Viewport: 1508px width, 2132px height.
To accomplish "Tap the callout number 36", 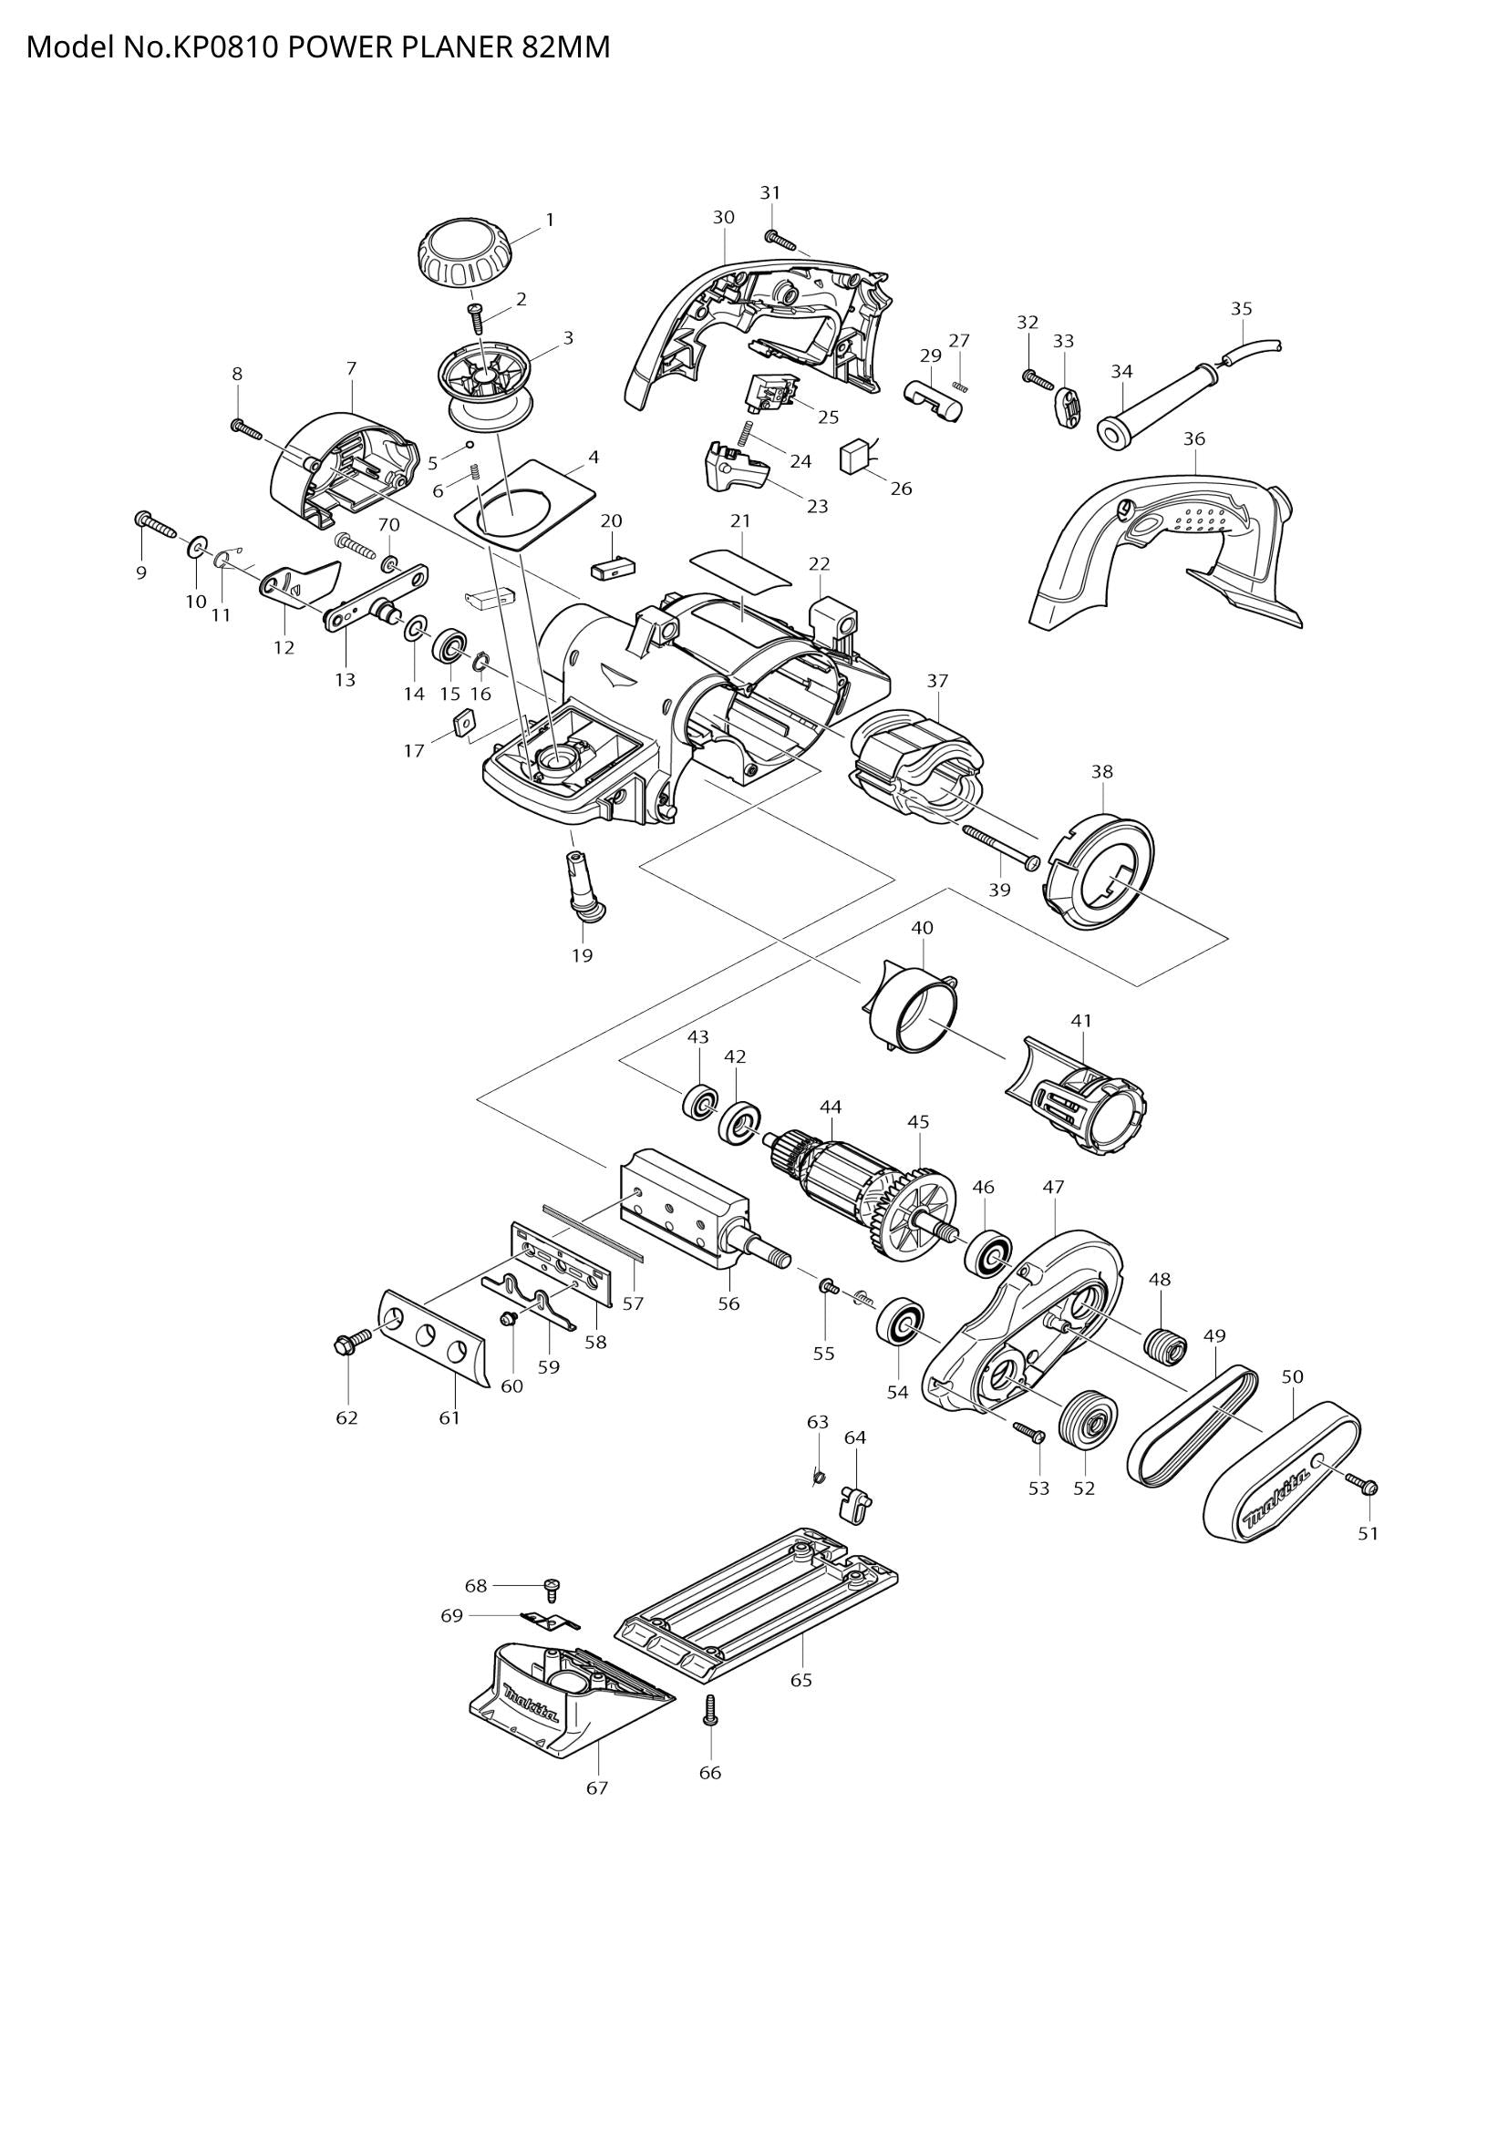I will pos(1194,438).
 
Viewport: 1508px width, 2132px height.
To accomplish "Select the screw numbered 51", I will pos(1366,1487).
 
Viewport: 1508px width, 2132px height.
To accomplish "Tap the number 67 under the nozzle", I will pos(597,1787).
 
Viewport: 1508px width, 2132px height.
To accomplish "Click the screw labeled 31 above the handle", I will pos(782,241).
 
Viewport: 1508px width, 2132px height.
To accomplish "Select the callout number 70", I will pos(388,526).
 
